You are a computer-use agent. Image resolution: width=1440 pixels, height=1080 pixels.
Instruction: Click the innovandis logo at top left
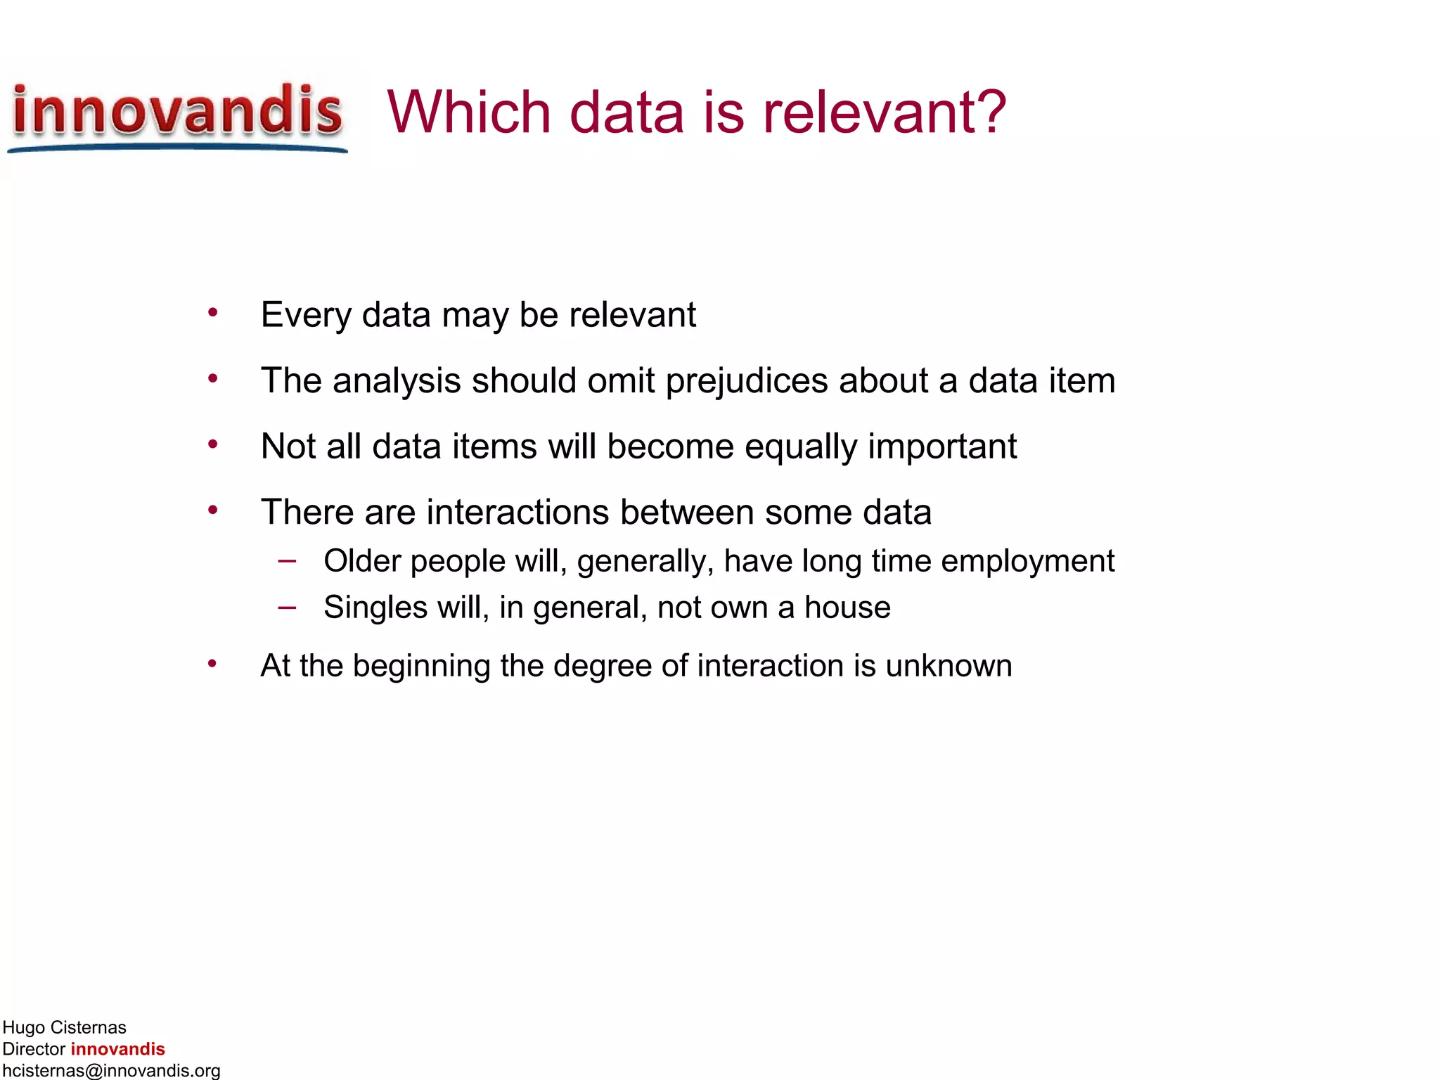177,114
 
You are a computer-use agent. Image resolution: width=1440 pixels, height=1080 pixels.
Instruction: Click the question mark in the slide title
989,112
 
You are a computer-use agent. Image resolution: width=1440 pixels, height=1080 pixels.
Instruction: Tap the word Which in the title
468,112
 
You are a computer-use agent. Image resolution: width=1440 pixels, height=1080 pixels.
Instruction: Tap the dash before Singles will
287,606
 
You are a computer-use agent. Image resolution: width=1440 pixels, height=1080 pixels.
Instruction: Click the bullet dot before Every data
212,312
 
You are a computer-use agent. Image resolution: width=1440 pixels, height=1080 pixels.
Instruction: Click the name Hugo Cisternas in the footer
64,1027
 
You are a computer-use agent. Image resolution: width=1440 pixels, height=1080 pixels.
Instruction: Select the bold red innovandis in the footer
117,1049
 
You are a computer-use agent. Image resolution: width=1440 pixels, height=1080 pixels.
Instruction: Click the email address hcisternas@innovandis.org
111,1070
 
